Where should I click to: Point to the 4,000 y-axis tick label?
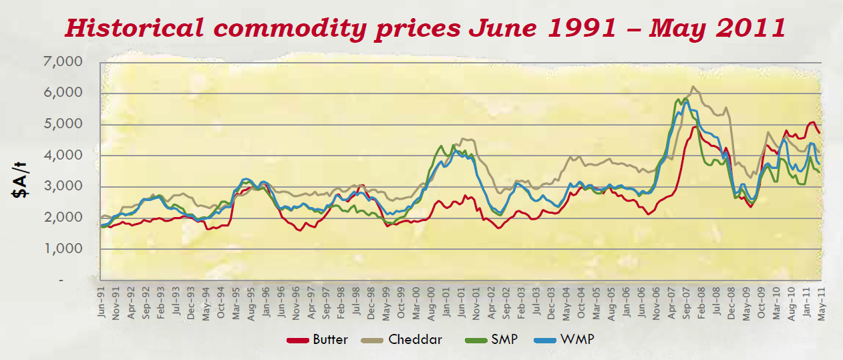pos(65,156)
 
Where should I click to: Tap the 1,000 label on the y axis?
pos(65,249)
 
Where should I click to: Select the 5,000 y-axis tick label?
pos(65,124)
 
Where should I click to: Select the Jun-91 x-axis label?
pos(102,303)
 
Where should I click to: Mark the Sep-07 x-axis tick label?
pos(687,303)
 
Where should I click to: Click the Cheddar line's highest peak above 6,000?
pos(694,87)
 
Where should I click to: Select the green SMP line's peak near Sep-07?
pos(686,99)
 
